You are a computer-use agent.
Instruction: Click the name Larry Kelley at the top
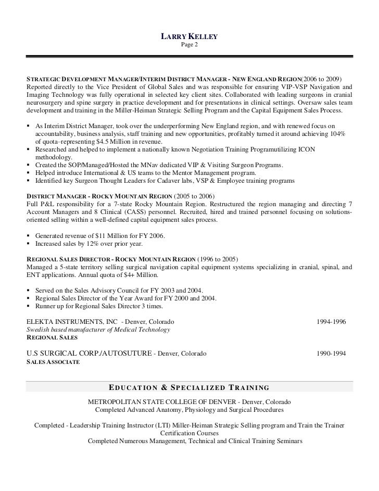188,36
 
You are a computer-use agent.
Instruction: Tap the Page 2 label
189,45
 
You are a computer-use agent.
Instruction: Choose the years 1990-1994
331,353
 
